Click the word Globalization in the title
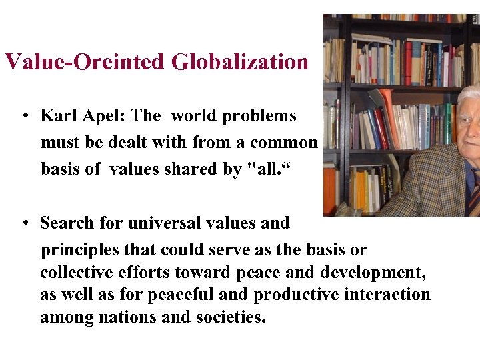coord(240,62)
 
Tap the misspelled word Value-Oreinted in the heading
coord(85,62)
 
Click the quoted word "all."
coord(269,169)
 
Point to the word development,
coord(373,273)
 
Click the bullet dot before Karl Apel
coord(25,117)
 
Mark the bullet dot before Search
coord(25,223)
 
